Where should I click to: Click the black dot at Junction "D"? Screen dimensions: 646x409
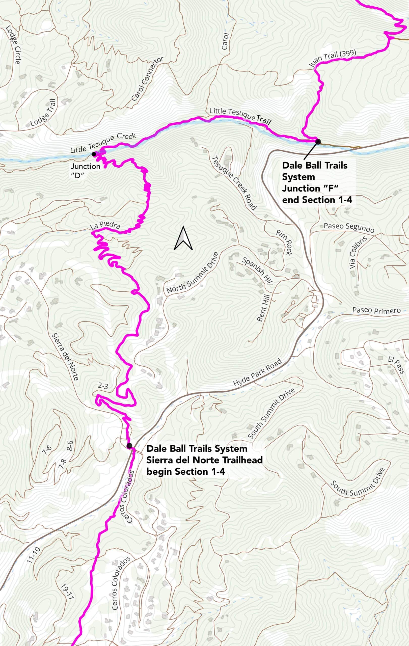(x=94, y=154)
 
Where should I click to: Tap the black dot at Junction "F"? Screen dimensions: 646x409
(x=318, y=141)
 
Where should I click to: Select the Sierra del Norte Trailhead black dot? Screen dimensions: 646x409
(x=129, y=446)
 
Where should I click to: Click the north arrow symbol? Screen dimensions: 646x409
(x=183, y=238)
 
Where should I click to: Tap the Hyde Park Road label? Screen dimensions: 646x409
(x=257, y=373)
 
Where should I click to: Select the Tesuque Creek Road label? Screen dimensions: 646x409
(x=234, y=183)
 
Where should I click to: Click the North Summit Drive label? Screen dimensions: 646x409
(x=192, y=273)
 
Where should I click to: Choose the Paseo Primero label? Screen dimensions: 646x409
(x=376, y=310)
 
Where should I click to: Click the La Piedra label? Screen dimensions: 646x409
(x=105, y=226)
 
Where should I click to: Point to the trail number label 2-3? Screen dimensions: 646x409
(x=103, y=386)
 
